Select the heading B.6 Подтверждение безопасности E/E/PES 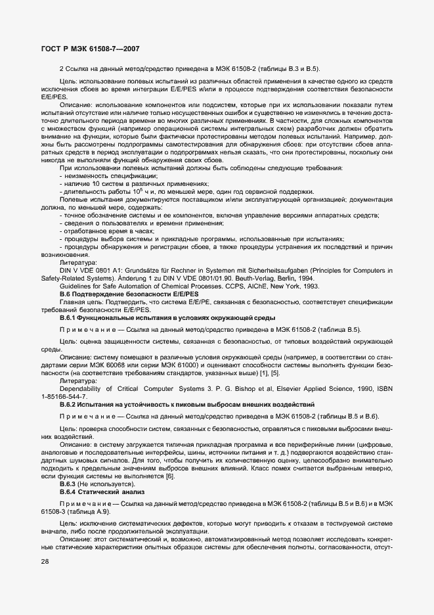[115, 296]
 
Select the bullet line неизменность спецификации [108, 175]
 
